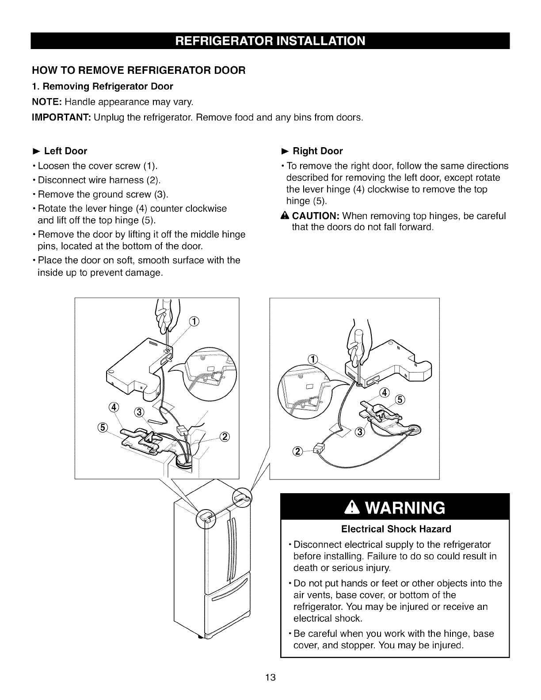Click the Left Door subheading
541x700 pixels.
pos(65,151)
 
